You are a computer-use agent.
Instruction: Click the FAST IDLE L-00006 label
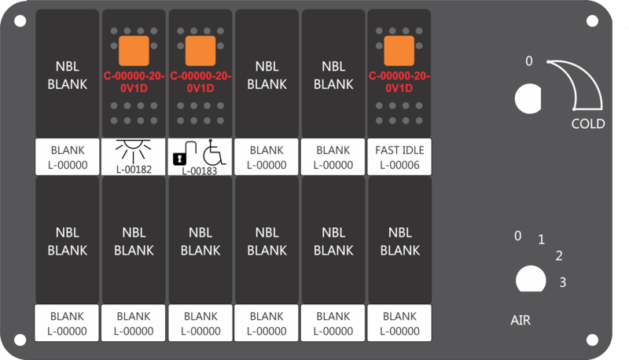399,157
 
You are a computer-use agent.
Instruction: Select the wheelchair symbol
214,152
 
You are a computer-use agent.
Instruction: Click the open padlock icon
184,153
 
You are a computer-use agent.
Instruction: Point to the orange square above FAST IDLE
399,50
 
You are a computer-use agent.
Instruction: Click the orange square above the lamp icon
134,51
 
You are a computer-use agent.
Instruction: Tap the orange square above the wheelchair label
200,51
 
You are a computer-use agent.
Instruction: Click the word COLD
588,124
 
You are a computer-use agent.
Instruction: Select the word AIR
520,321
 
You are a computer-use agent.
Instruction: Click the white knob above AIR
531,279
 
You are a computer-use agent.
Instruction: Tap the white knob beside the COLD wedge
528,98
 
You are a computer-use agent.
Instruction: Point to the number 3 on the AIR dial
563,282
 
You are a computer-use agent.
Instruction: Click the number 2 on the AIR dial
559,255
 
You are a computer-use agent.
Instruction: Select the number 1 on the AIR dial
542,240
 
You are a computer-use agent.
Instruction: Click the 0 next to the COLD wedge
529,61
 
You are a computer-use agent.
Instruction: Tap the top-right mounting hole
592,21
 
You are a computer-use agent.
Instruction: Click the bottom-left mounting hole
20,340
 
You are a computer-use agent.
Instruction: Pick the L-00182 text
134,170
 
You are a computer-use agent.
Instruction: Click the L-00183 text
200,171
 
